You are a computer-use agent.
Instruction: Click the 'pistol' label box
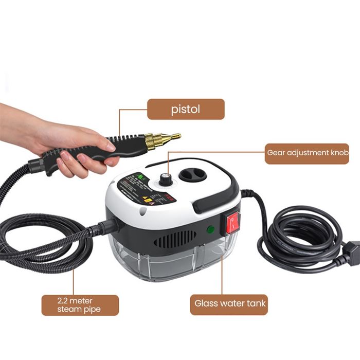point(186,109)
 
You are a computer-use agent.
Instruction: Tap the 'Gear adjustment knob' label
point(307,153)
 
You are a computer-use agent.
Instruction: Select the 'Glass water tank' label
point(230,303)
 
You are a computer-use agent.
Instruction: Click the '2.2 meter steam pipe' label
point(80,304)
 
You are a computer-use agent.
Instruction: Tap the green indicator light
point(210,230)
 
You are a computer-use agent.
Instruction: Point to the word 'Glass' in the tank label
point(205,303)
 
